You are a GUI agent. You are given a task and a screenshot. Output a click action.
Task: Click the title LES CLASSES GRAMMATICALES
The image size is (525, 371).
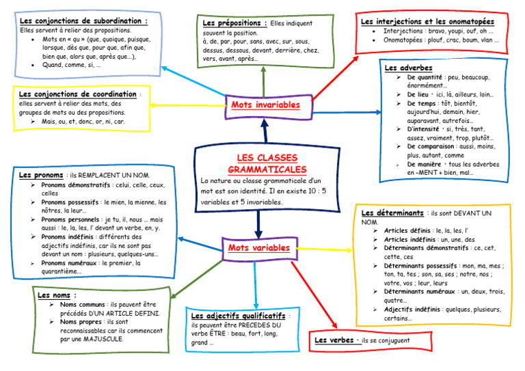click(267, 163)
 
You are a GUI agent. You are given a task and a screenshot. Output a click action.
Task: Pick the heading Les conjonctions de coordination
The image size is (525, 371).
click(78, 94)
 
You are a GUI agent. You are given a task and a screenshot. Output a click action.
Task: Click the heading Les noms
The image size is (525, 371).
click(53, 295)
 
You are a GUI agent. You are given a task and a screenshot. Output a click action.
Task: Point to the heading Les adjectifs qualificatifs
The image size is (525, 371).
click(238, 316)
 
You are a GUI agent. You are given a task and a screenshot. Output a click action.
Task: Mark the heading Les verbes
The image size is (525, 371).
click(334, 340)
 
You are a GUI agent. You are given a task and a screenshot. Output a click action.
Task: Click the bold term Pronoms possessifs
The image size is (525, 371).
click(70, 202)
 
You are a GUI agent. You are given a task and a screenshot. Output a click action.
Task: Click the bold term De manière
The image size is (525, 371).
click(424, 165)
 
